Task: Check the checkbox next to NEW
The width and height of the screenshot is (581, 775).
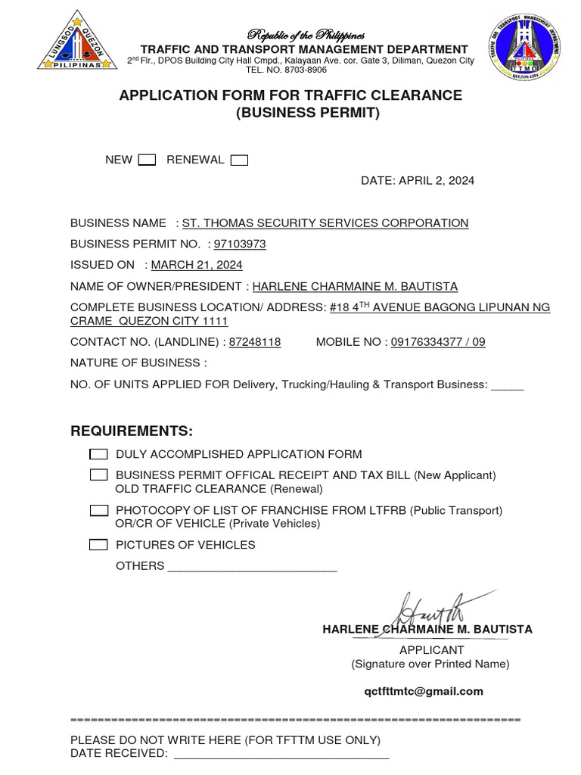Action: pyautogui.click(x=148, y=160)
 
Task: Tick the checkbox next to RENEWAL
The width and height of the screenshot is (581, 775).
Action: pyautogui.click(x=240, y=160)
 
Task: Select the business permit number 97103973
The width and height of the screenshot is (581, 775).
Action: pyautogui.click(x=240, y=244)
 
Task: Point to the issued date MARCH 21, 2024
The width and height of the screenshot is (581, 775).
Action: pyautogui.click(x=197, y=265)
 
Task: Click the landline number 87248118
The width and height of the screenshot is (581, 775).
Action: pyautogui.click(x=255, y=342)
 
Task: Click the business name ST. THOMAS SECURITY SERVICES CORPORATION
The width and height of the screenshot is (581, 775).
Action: pyautogui.click(x=325, y=223)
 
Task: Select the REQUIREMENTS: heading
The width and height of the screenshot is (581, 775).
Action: pyautogui.click(x=132, y=431)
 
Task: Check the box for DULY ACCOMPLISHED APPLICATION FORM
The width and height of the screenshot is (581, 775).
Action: pyautogui.click(x=98, y=454)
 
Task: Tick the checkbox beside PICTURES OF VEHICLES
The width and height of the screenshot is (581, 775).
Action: pyautogui.click(x=98, y=545)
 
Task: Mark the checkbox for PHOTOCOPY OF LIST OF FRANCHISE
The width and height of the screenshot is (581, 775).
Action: pyautogui.click(x=98, y=511)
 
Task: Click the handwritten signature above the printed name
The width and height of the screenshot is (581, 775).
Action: pyautogui.click(x=428, y=609)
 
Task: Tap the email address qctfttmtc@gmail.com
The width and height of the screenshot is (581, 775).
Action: pyautogui.click(x=424, y=691)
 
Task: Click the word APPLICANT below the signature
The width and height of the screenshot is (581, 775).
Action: pyautogui.click(x=432, y=650)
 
